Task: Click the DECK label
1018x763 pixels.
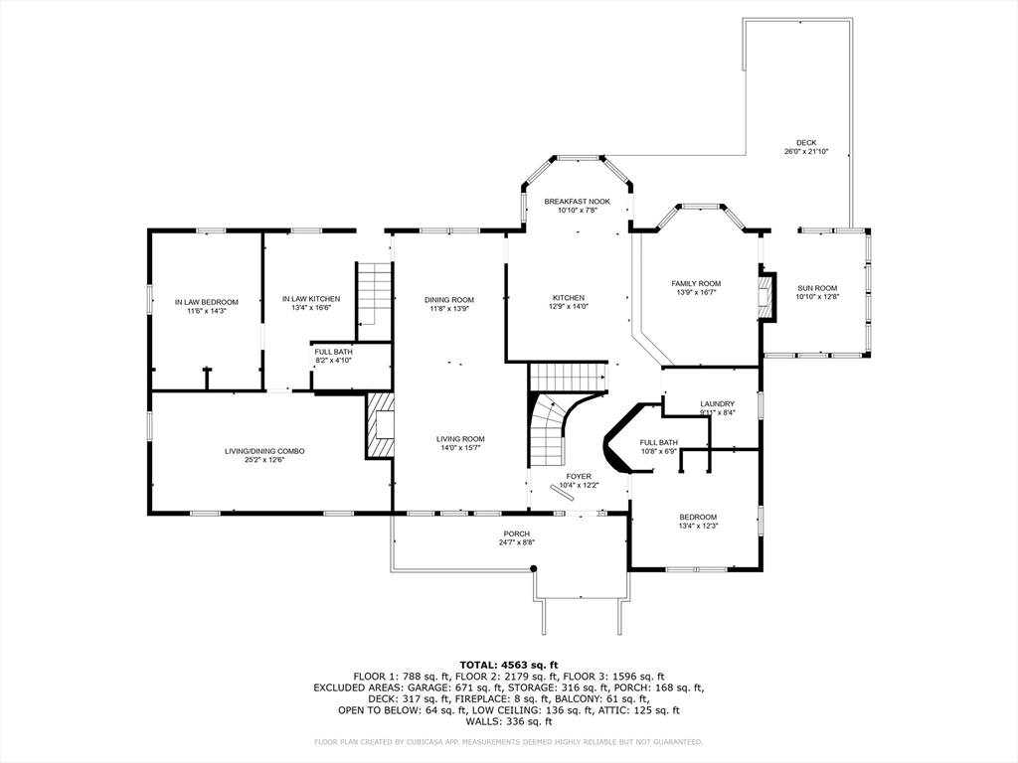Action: pyautogui.click(x=806, y=143)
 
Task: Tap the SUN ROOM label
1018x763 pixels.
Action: pyautogui.click(x=817, y=288)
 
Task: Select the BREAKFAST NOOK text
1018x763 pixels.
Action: pyautogui.click(x=578, y=202)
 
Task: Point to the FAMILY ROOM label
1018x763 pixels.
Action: pyautogui.click(x=696, y=283)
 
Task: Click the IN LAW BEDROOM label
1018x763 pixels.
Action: pyautogui.click(x=207, y=302)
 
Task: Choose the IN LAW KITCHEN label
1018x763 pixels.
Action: pyautogui.click(x=311, y=299)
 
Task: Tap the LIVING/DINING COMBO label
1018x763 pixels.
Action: pyautogui.click(x=264, y=452)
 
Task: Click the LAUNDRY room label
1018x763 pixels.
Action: pyautogui.click(x=718, y=403)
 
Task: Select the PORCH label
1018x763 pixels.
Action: pyautogui.click(x=517, y=534)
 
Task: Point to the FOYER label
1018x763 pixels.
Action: pyautogui.click(x=579, y=476)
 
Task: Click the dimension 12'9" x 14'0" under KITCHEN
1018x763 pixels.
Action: pyautogui.click(x=569, y=306)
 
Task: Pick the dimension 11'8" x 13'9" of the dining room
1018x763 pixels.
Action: pyautogui.click(x=449, y=309)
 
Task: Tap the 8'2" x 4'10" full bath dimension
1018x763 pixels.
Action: pyautogui.click(x=334, y=360)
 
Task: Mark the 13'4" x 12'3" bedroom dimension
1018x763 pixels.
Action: pyautogui.click(x=698, y=527)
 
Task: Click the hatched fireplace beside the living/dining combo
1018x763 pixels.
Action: pyautogui.click(x=380, y=425)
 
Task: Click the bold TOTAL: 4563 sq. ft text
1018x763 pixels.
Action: pyautogui.click(x=509, y=665)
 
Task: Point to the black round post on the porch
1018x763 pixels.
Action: pyautogui.click(x=534, y=569)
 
